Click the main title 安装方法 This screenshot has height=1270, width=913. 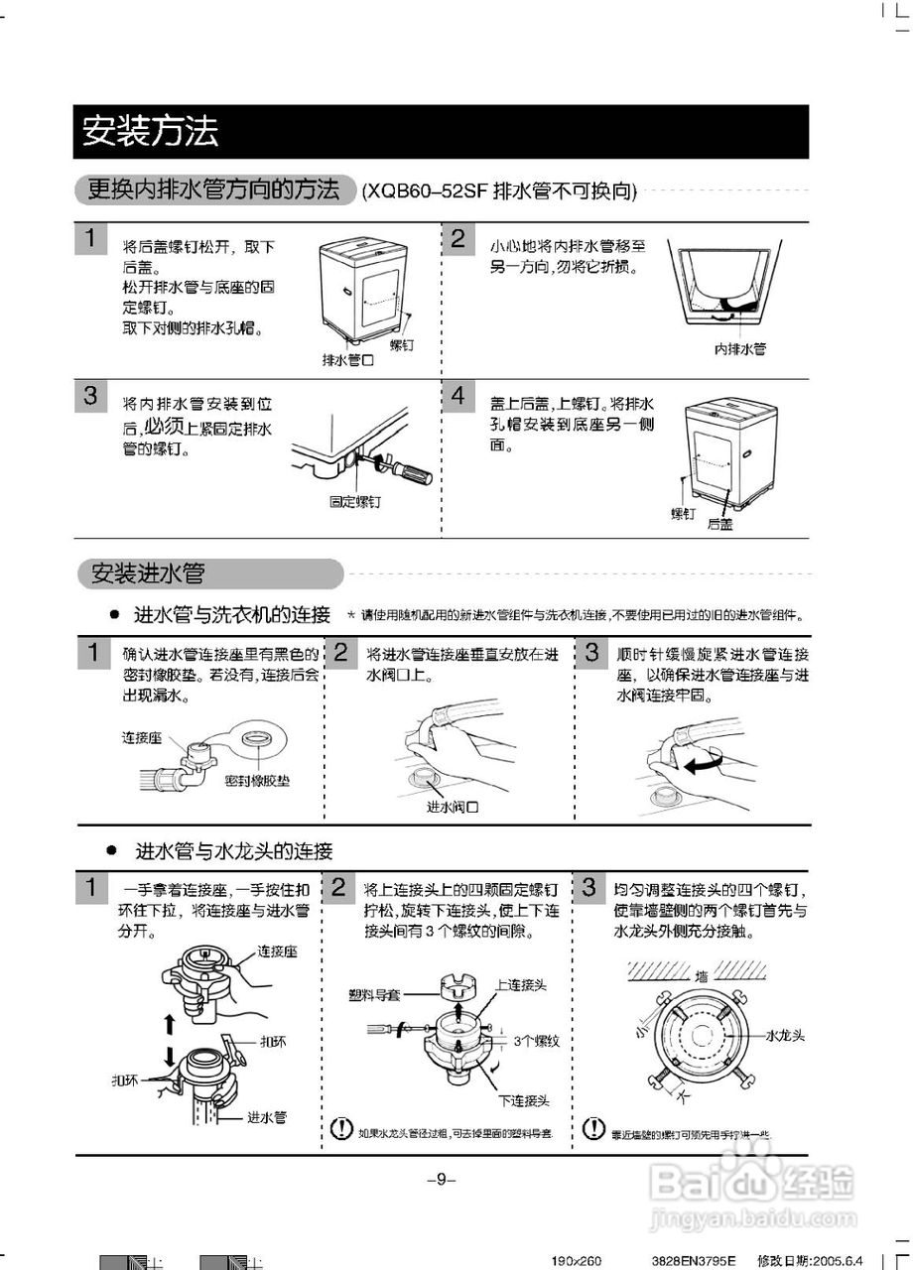tap(150, 132)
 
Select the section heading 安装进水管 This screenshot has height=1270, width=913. tap(148, 573)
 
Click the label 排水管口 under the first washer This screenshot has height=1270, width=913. tap(347, 360)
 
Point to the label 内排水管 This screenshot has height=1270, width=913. tap(740, 349)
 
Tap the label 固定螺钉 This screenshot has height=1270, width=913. tap(355, 502)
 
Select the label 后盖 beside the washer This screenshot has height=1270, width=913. tap(719, 524)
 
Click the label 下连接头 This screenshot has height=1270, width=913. tap(524, 1100)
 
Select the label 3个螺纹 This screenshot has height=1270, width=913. tap(537, 1041)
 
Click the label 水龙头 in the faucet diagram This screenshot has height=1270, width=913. tap(784, 1034)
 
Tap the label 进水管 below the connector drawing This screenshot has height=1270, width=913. tap(267, 1117)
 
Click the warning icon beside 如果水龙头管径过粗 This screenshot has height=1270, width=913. tap(341, 1128)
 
